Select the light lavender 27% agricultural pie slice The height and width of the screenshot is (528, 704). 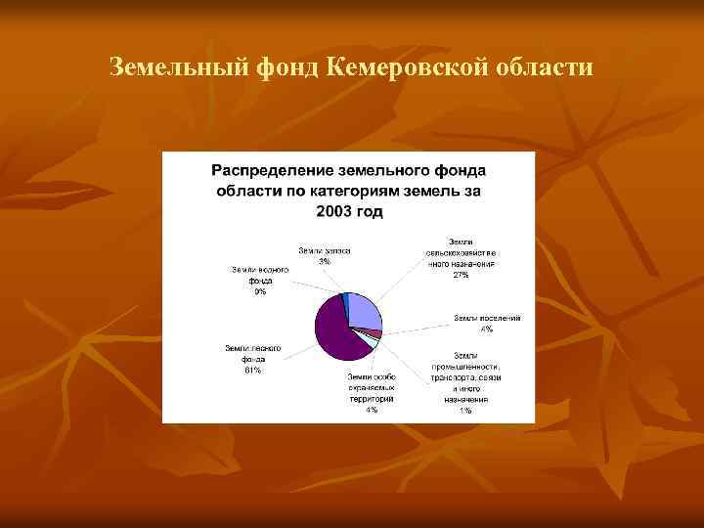[x=364, y=311]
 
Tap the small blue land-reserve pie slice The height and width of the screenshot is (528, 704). [x=344, y=297]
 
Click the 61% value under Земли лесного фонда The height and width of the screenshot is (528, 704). [x=252, y=370]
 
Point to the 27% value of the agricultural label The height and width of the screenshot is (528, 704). [x=461, y=275]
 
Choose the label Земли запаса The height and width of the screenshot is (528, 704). [x=324, y=251]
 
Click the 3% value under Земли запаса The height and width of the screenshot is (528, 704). [x=324, y=261]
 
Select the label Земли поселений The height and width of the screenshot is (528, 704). [x=487, y=318]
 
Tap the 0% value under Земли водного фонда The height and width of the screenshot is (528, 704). [x=259, y=291]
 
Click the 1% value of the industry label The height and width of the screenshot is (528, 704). [x=464, y=411]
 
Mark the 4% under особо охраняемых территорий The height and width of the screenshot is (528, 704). [x=372, y=410]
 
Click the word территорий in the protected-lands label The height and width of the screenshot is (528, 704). [x=372, y=399]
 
